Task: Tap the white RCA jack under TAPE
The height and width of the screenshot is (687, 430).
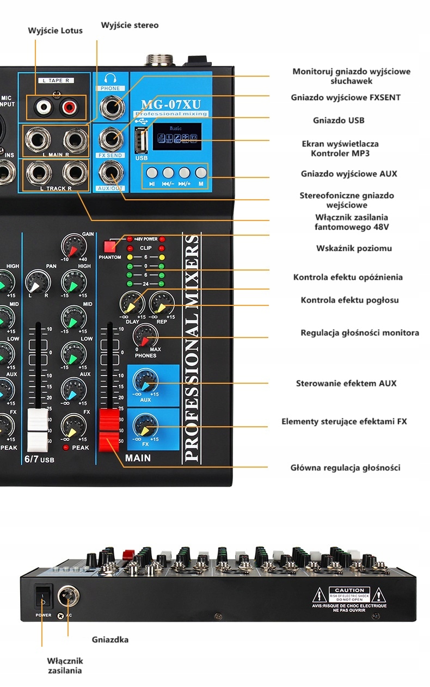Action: (x=41, y=107)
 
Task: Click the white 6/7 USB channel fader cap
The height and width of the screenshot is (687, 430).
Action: (x=38, y=430)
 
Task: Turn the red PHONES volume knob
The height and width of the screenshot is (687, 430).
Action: (x=144, y=335)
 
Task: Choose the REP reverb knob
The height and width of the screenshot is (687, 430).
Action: (x=161, y=303)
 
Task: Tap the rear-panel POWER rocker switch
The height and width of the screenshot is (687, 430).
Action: (x=44, y=597)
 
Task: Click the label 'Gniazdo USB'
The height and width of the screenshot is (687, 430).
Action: (x=339, y=120)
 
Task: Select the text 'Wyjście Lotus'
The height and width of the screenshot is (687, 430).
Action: (x=55, y=30)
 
